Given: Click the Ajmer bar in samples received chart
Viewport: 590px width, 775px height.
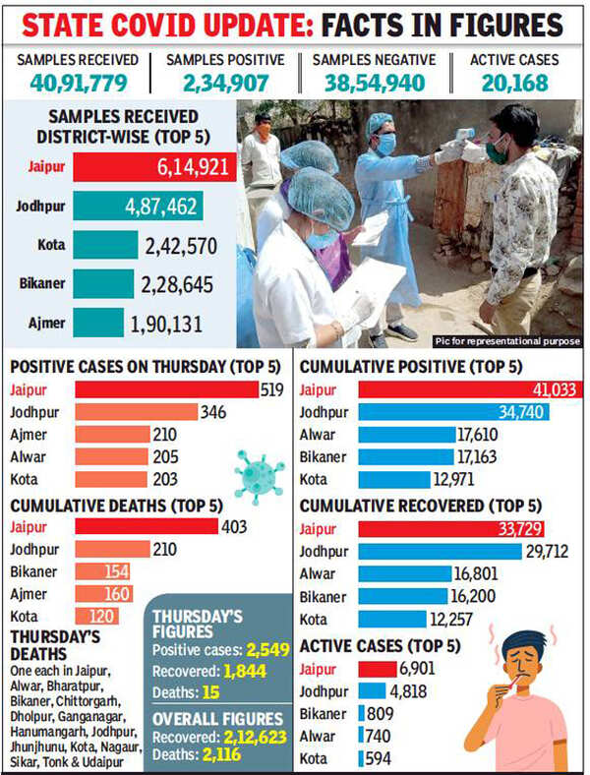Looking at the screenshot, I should click(x=98, y=324).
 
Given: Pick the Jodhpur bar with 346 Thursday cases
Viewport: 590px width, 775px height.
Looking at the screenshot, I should click(x=137, y=411).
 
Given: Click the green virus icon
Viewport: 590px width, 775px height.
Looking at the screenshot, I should click(x=260, y=471).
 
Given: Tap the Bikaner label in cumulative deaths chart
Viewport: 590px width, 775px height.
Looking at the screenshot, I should click(x=32, y=571).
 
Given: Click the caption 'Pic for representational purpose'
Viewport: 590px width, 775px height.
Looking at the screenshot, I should click(x=507, y=341).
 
